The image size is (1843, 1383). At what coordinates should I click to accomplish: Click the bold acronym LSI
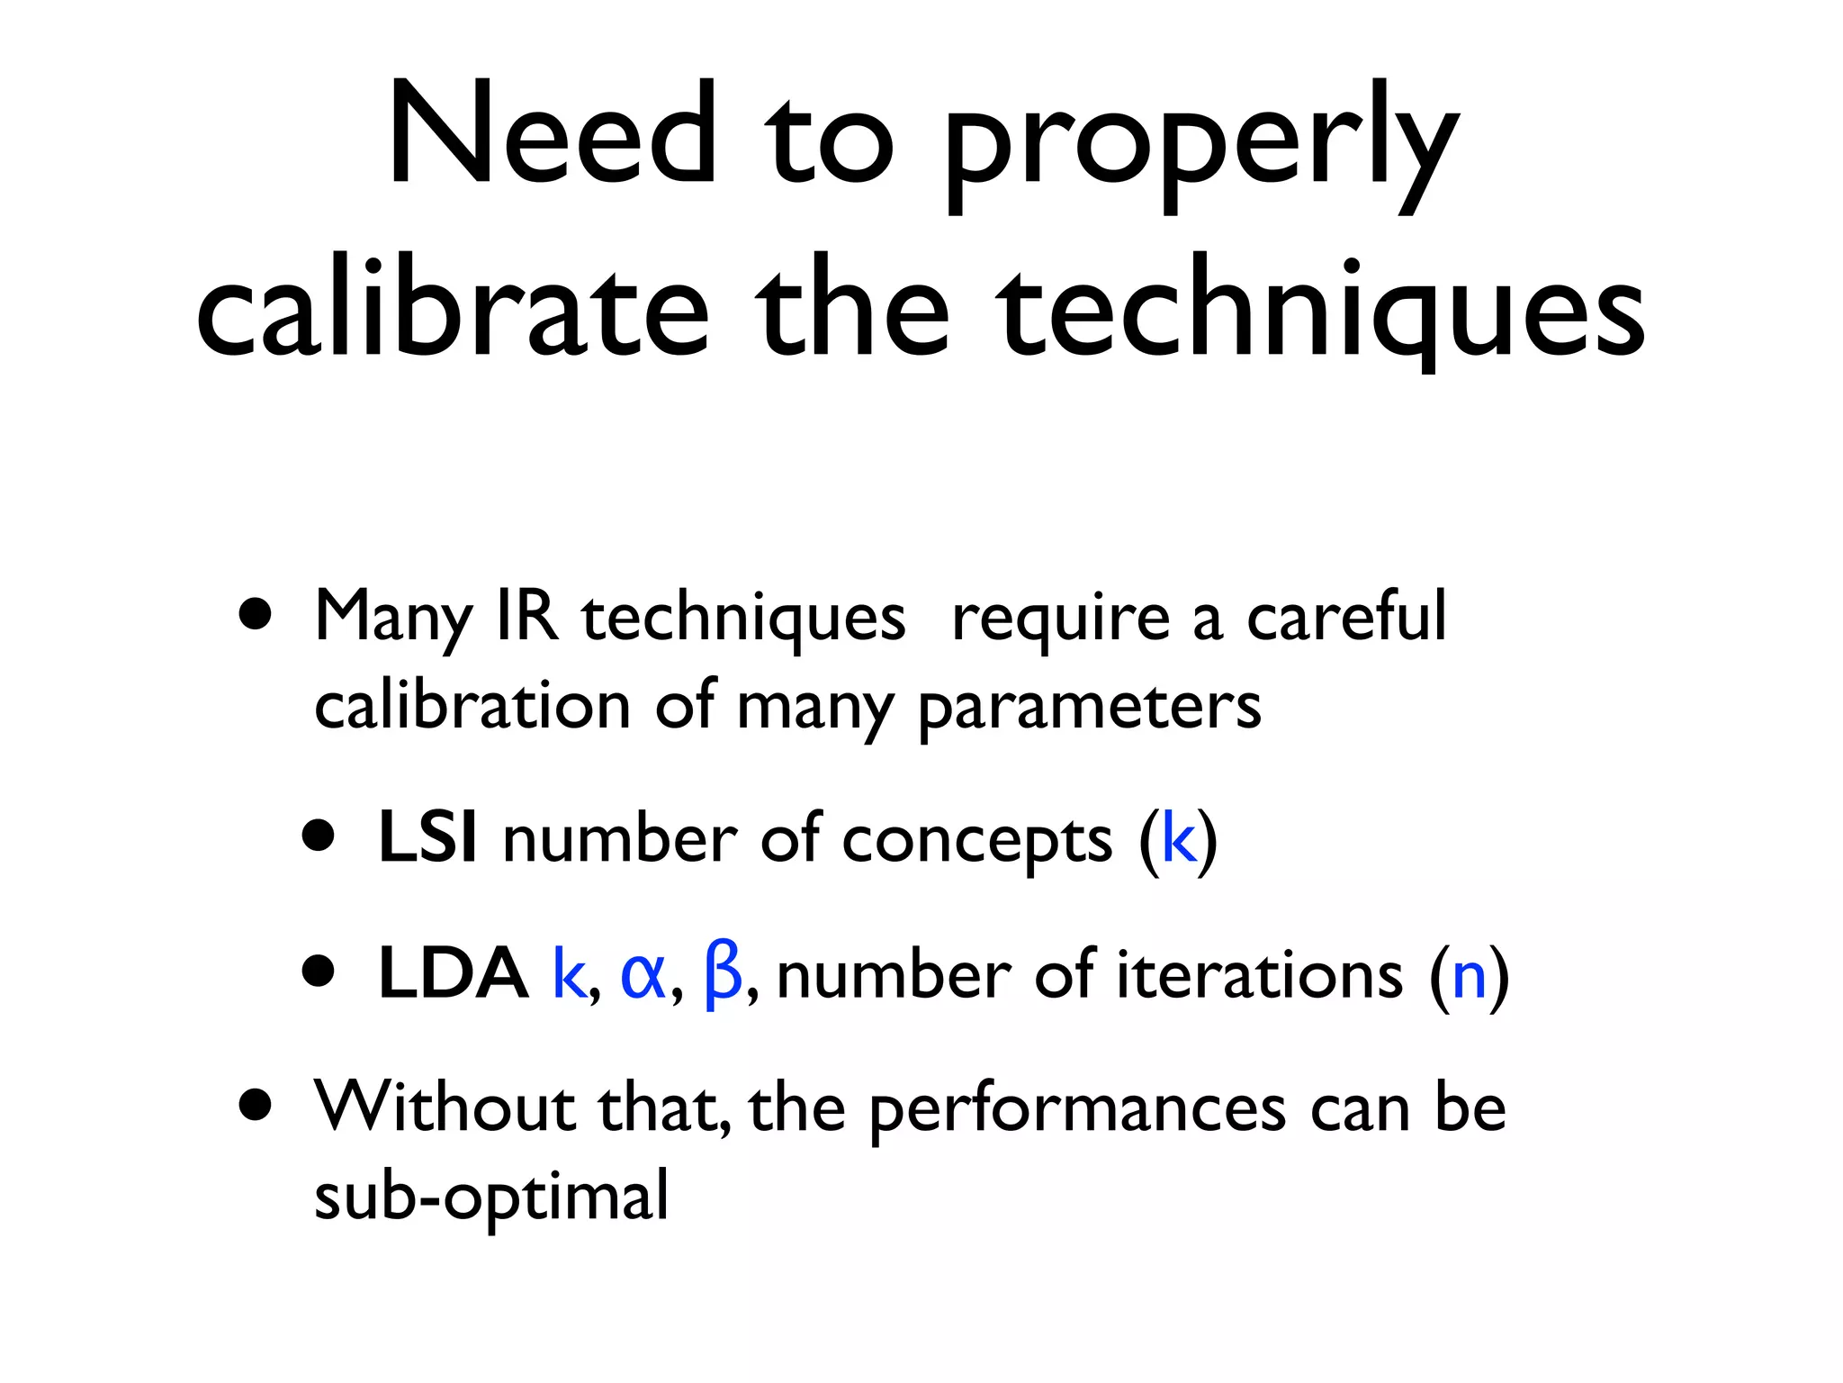(427, 837)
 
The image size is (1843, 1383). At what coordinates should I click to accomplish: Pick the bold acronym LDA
(453, 973)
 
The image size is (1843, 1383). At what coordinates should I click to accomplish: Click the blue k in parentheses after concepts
(1179, 837)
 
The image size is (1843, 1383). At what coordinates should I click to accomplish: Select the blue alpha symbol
(643, 973)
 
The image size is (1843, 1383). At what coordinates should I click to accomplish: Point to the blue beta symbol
(724, 973)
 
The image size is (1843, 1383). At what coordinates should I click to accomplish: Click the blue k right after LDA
(569, 973)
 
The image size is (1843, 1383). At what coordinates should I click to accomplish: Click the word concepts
(977, 840)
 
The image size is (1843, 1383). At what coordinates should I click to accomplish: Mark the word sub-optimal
(491, 1197)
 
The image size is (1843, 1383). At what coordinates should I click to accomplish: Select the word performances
(1077, 1109)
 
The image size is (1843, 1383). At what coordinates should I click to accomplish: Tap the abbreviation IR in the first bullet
(527, 617)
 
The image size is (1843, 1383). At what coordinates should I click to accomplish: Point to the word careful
(1346, 617)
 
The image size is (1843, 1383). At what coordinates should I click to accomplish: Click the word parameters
(1089, 708)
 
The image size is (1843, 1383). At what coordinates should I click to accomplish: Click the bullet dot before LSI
(319, 837)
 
